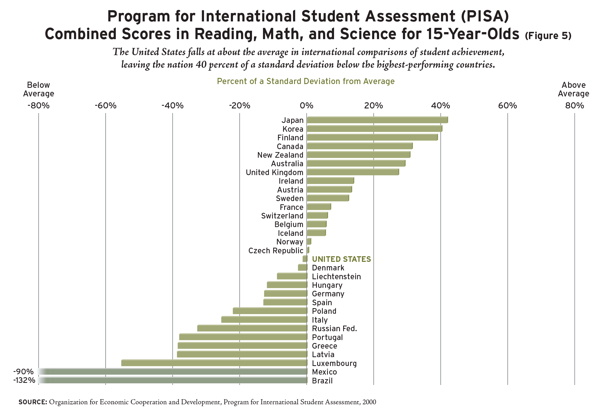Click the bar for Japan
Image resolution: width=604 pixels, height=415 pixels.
coord(377,120)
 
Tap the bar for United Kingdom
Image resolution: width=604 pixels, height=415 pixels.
coord(353,172)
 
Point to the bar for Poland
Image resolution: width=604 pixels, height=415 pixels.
coord(270,311)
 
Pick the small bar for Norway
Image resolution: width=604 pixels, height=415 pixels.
coord(309,242)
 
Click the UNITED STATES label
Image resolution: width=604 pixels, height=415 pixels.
coord(341,259)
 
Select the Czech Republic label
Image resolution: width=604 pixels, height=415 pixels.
coord(276,251)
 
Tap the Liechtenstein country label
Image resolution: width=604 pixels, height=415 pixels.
coord(336,277)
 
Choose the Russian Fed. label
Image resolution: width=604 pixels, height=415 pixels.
coord(334,329)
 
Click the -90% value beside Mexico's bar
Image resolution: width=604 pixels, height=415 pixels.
coord(24,372)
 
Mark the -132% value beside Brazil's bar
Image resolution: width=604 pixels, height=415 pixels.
coord(24,380)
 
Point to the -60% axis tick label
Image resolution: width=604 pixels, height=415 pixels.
coord(106,106)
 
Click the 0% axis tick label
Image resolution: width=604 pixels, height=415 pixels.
coord(306,106)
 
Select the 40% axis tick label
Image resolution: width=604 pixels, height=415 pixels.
coord(440,106)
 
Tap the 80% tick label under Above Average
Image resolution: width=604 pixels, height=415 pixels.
coord(575,106)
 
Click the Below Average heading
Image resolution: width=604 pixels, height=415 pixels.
coord(39,89)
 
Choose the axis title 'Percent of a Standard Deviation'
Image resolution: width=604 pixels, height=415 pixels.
coord(306,81)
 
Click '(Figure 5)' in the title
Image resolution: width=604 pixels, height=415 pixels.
coord(548,36)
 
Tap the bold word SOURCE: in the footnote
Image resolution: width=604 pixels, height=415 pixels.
coord(33,402)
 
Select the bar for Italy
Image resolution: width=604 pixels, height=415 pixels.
coord(264,320)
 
